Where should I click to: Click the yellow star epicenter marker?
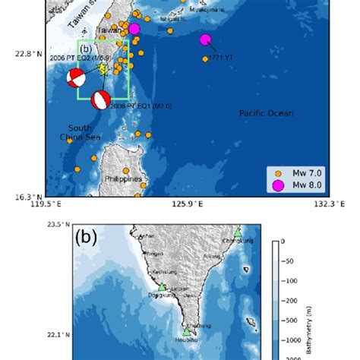[103, 68]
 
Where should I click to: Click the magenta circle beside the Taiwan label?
[134, 29]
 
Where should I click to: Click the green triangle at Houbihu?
[186, 331]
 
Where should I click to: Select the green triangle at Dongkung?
[162, 287]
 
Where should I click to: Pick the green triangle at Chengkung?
[238, 232]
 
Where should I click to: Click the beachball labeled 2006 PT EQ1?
[100, 99]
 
